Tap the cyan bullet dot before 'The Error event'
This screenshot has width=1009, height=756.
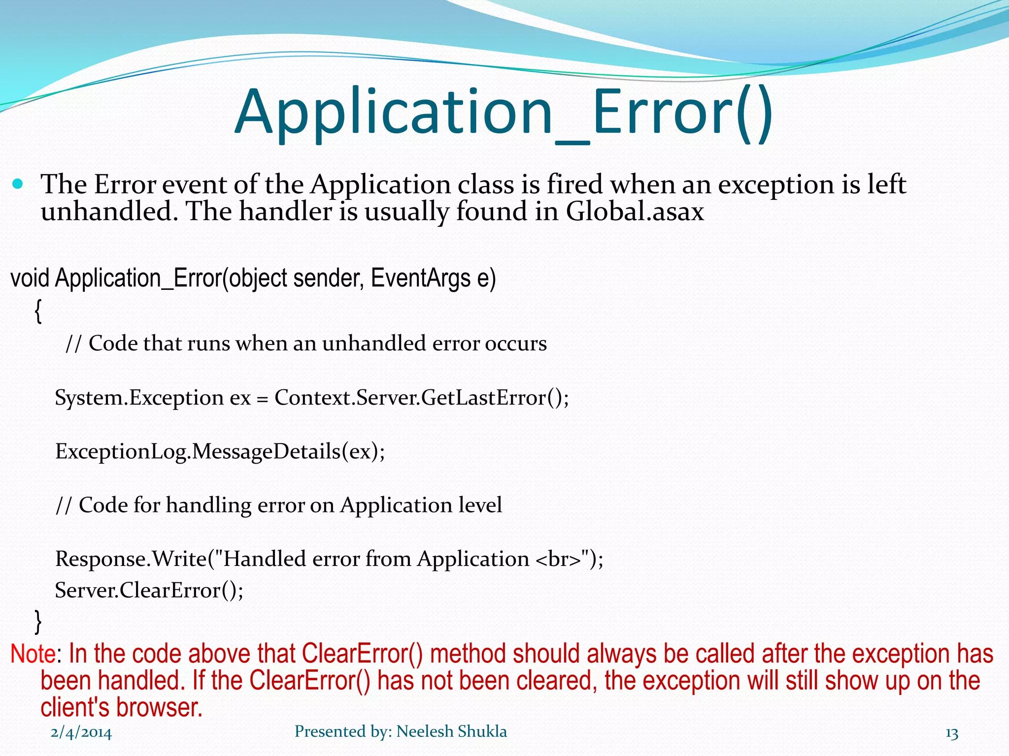click(x=18, y=185)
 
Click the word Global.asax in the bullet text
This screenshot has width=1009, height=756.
click(x=635, y=212)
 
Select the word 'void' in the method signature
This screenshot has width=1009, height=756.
click(x=30, y=278)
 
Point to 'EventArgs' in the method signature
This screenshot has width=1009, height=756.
click(x=420, y=278)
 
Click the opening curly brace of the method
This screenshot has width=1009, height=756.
click(x=38, y=312)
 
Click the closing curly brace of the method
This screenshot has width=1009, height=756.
click(x=38, y=621)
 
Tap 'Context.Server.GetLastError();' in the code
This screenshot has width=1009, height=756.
click(x=421, y=398)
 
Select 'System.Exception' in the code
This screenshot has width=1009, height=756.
click(x=139, y=398)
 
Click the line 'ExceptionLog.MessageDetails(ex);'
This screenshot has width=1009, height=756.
click(x=220, y=451)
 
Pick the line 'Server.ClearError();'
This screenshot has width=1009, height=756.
click(x=149, y=590)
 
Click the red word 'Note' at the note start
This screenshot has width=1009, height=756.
click(x=33, y=654)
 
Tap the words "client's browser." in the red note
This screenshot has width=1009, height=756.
click(x=121, y=708)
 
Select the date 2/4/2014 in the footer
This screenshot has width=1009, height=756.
click(x=81, y=733)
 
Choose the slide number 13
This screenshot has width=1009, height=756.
click(x=951, y=733)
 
